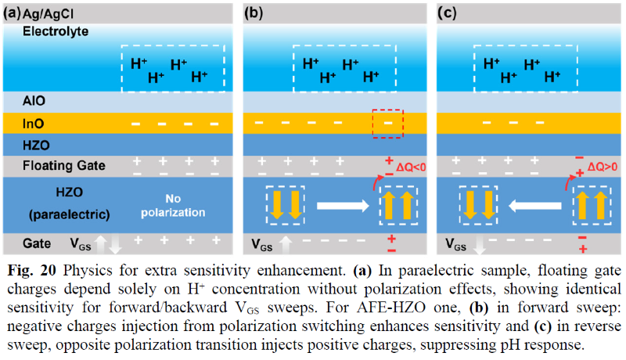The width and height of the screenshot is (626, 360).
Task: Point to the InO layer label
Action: [36, 124]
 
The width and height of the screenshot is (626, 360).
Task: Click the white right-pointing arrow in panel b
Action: [340, 205]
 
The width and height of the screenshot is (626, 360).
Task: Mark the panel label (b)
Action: [255, 13]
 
